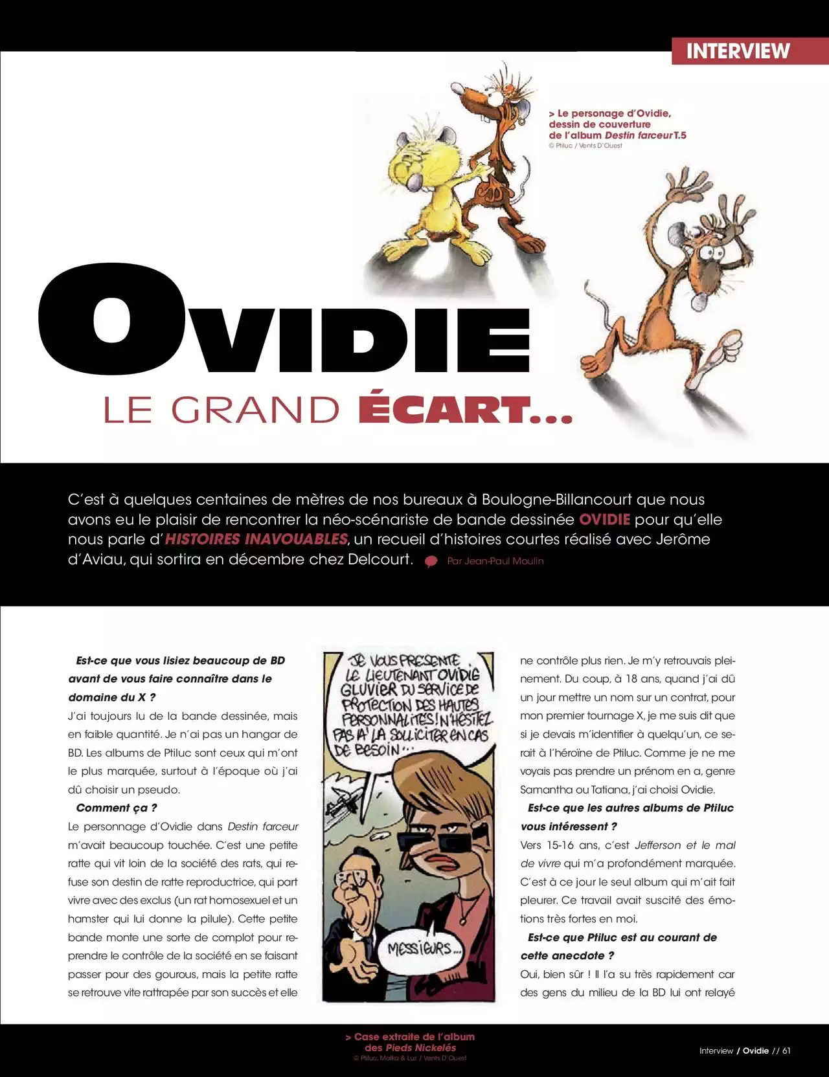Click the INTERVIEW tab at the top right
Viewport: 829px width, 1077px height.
coord(738,51)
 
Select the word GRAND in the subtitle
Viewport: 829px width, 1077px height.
coord(255,410)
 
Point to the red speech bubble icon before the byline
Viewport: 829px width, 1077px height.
coord(431,562)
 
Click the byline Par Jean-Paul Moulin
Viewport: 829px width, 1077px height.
coord(495,561)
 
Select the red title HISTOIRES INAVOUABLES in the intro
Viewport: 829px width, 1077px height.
coord(256,539)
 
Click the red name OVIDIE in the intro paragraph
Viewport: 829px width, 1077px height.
coord(604,519)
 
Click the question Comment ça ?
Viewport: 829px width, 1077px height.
coord(117,808)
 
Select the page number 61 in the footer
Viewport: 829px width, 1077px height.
coord(786,1050)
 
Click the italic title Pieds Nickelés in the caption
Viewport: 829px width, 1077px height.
coord(420,1047)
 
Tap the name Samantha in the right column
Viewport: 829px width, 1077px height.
coord(539,790)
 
